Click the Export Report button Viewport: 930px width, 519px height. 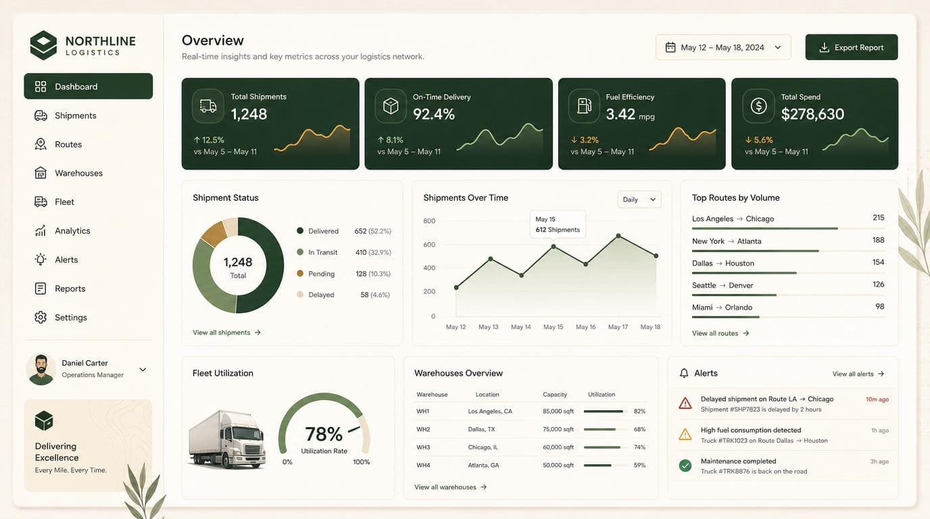click(x=851, y=47)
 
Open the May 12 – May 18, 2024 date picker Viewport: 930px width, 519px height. click(x=723, y=47)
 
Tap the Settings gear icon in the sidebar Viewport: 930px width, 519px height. click(x=41, y=317)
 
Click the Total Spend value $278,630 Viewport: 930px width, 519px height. click(x=812, y=114)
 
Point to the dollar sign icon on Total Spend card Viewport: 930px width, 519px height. click(x=758, y=106)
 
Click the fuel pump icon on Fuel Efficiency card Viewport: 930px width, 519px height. click(x=584, y=106)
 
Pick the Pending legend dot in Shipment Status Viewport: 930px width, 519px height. click(x=300, y=273)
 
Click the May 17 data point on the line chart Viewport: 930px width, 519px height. click(x=618, y=236)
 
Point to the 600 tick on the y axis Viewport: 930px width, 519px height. click(x=429, y=245)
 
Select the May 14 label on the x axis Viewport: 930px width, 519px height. click(x=520, y=327)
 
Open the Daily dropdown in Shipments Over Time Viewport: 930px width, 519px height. click(x=639, y=200)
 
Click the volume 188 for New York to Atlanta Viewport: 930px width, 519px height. click(x=878, y=240)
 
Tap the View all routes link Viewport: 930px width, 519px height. click(x=720, y=333)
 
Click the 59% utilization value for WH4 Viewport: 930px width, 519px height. click(x=639, y=465)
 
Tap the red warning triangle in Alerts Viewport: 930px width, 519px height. click(x=685, y=403)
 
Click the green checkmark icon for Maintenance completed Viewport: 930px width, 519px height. click(x=685, y=466)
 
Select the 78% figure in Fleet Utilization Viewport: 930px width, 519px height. click(x=324, y=435)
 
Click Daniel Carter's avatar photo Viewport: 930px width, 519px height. click(x=41, y=369)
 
